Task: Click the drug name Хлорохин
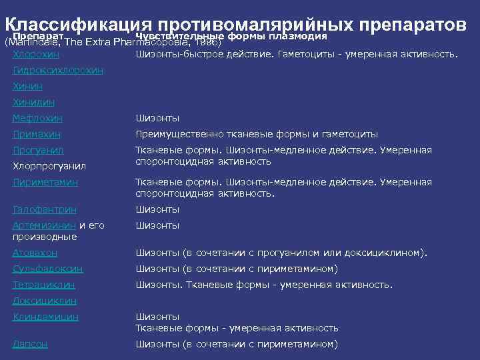click(36, 53)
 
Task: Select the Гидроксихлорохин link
click(58, 70)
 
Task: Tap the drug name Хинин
click(27, 86)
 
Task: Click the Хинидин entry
click(33, 102)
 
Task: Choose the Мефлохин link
click(37, 118)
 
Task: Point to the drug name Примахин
click(36, 134)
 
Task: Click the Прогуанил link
click(38, 150)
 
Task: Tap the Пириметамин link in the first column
click(45, 182)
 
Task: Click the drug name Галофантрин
click(44, 209)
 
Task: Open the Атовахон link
click(35, 253)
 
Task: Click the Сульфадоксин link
click(48, 269)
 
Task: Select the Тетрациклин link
click(43, 285)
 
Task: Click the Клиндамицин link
click(45, 317)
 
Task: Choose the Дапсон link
click(31, 344)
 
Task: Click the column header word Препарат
click(37, 35)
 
